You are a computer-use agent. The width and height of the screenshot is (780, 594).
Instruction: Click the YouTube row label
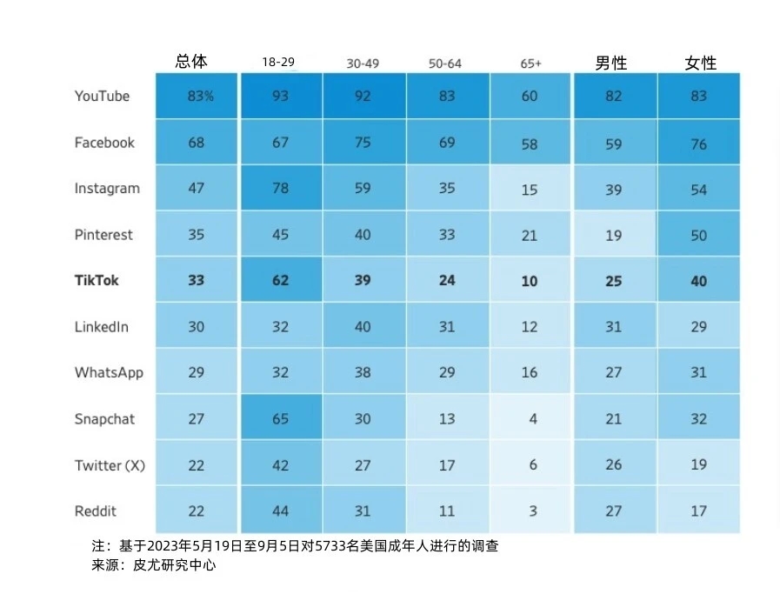(102, 96)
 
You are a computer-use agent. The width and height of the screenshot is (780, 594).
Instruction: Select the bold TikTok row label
(97, 281)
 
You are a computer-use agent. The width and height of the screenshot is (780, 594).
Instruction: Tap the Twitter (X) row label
(110, 465)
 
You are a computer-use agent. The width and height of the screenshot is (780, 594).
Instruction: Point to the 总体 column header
(191, 61)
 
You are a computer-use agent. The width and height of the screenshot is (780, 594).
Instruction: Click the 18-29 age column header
(278, 63)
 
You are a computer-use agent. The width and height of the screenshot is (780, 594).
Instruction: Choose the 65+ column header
(530, 63)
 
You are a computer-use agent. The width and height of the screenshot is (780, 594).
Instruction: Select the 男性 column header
(610, 63)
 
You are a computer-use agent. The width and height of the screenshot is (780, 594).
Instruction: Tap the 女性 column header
(700, 63)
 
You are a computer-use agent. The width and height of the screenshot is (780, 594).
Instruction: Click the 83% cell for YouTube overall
(199, 96)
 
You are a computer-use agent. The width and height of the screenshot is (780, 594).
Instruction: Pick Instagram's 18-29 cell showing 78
(280, 189)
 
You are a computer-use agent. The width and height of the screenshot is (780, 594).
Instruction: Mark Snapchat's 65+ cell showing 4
(532, 419)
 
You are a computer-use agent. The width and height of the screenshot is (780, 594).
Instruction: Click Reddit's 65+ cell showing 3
(532, 511)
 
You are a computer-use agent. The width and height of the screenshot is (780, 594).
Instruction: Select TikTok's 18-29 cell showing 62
(280, 281)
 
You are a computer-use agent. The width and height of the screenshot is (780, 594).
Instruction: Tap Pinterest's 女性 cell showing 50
(699, 235)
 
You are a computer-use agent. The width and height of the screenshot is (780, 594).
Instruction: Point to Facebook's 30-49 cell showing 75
(363, 143)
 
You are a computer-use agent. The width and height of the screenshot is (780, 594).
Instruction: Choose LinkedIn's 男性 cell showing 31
(614, 327)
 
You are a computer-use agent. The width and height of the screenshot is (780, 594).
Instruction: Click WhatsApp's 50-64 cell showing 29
(447, 373)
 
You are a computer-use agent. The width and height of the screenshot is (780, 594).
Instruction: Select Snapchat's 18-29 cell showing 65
(280, 419)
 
